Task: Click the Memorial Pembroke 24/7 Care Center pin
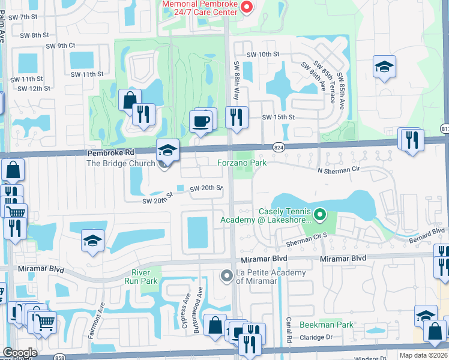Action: (x=246, y=7)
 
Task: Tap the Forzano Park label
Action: (x=241, y=162)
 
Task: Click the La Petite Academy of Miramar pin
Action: (x=226, y=276)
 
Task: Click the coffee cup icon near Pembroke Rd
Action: (x=200, y=121)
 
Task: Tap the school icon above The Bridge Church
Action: (x=168, y=149)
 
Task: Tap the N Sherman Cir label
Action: (x=342, y=170)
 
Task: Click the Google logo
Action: (x=20, y=353)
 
